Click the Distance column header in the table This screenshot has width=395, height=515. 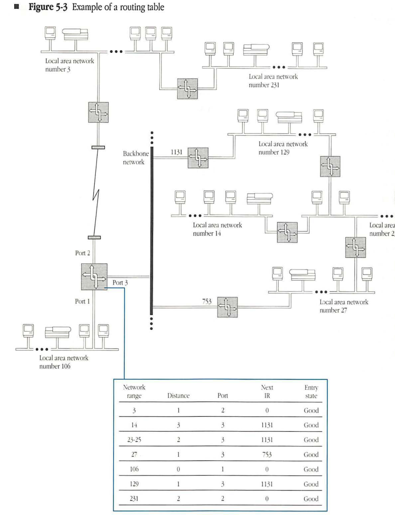(x=178, y=396)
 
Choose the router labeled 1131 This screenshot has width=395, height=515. (x=197, y=158)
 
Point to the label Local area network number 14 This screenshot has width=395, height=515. (x=217, y=229)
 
